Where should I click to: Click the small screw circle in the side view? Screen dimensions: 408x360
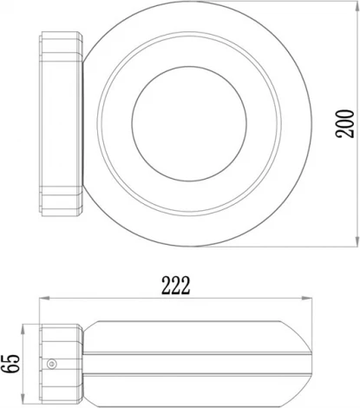click(x=53, y=365)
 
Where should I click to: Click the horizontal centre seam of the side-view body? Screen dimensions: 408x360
click(x=191, y=353)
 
